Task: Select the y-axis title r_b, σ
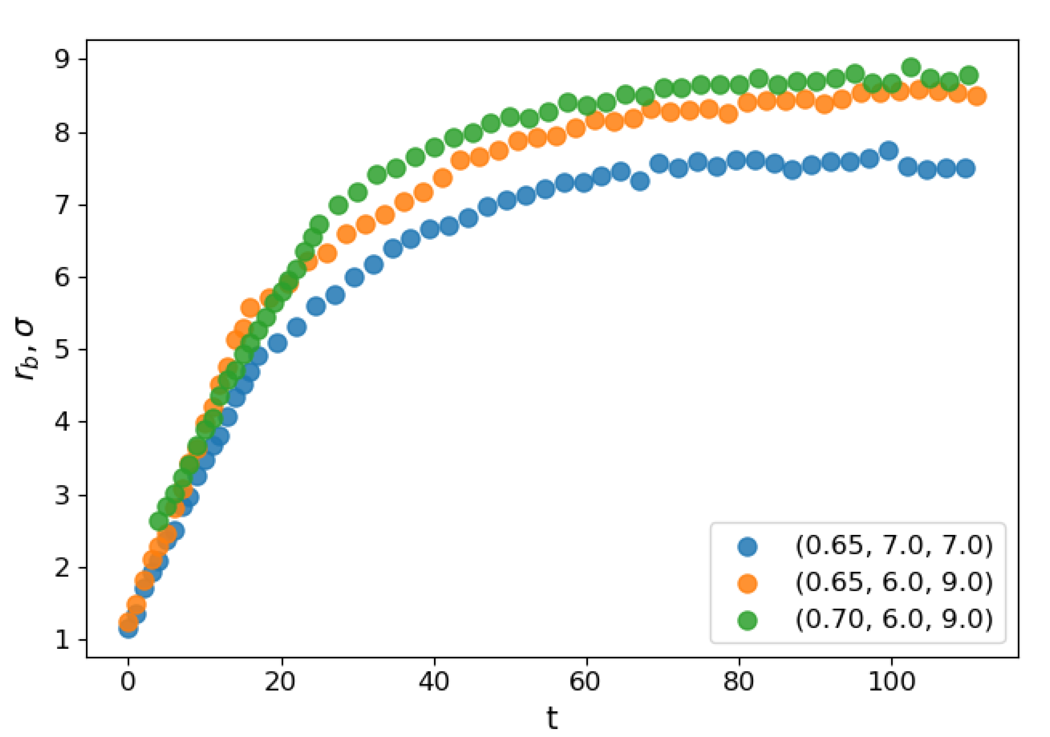pyautogui.click(x=25, y=350)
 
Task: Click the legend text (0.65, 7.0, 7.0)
pyautogui.click(x=894, y=545)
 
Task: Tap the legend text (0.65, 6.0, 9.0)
pyautogui.click(x=894, y=582)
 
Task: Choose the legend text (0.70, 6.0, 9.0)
pyautogui.click(x=894, y=619)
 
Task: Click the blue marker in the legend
pyautogui.click(x=748, y=546)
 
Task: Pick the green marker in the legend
pyautogui.click(x=748, y=620)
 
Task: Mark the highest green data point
pyautogui.click(x=911, y=68)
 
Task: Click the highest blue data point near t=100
pyautogui.click(x=888, y=150)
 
